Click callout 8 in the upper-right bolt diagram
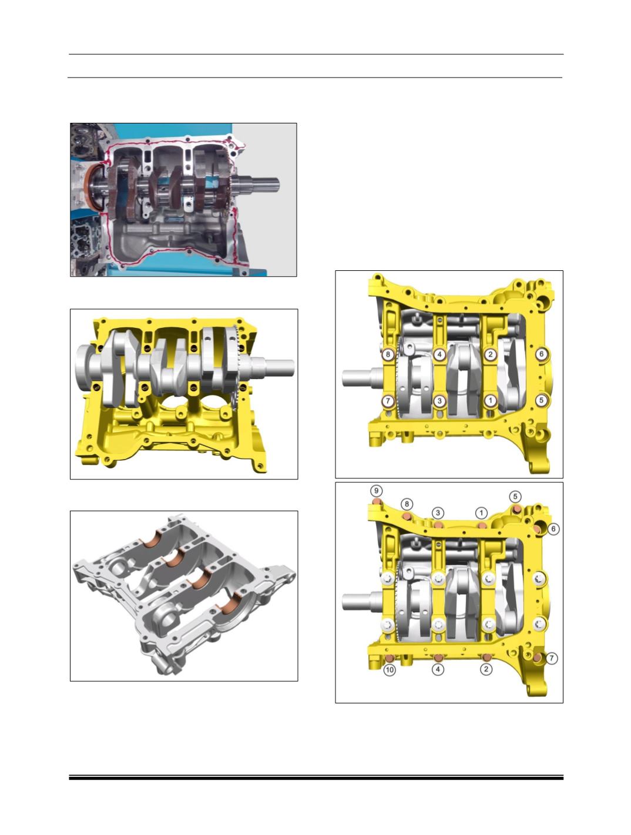388,354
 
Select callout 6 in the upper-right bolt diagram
542,354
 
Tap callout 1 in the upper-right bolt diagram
490,400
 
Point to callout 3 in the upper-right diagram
439,401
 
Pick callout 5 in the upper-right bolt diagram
541,400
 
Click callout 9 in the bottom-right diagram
376,491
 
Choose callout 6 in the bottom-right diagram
553,529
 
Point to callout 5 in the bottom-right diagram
515,497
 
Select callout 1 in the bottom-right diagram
481,513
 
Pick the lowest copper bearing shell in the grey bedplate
233,605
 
